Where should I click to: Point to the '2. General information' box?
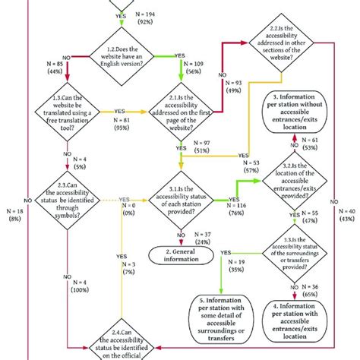181,254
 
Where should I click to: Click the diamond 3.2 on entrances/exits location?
294,187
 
